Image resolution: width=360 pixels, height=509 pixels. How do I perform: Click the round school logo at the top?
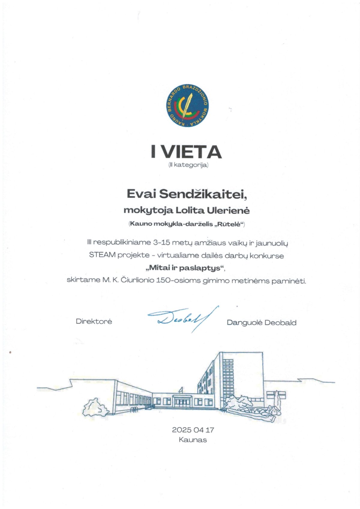tap(187, 106)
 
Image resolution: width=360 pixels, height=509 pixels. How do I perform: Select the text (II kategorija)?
tap(188, 165)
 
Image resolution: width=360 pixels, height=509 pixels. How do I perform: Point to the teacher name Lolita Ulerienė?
tap(212, 210)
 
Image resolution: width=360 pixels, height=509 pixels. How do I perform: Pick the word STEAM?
tap(102, 255)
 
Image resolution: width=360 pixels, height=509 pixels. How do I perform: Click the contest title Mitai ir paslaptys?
tap(185, 268)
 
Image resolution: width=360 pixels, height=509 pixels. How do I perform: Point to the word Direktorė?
tap(94, 321)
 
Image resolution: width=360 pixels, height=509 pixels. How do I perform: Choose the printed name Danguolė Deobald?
tap(261, 323)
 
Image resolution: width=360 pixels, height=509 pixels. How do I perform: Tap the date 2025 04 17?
tap(193, 430)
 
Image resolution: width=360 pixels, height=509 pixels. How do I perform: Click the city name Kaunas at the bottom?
tap(193, 440)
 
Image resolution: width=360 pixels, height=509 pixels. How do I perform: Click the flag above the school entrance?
tap(181, 389)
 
